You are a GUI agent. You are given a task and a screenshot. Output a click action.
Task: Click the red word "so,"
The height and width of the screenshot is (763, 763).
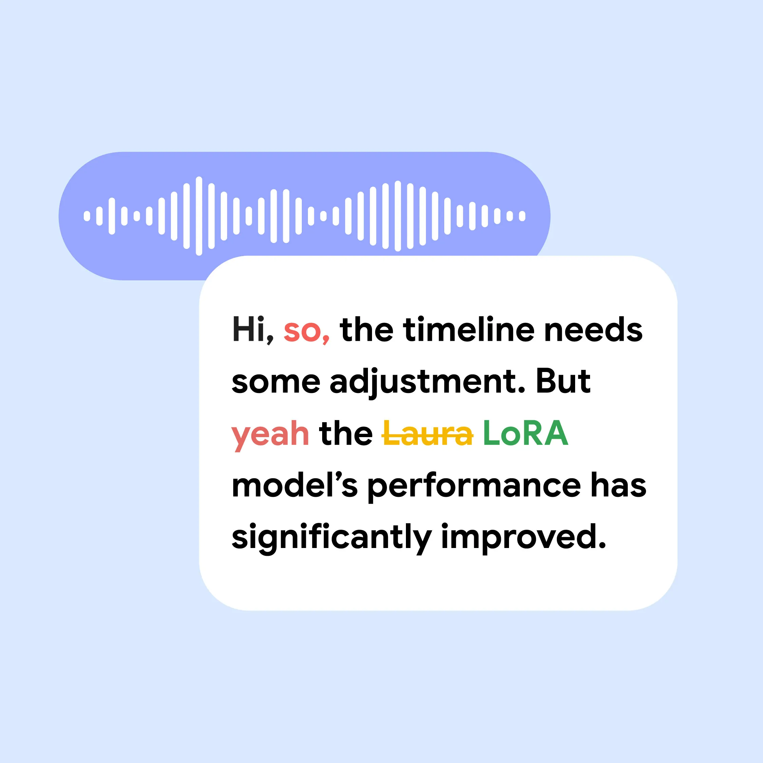pos(307,332)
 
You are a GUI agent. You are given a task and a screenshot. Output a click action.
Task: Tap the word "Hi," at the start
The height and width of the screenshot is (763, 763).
pos(252,330)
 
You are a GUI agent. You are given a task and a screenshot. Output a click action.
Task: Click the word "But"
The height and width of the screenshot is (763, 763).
pos(563,381)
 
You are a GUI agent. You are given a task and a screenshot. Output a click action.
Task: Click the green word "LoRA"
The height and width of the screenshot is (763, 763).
pos(526,433)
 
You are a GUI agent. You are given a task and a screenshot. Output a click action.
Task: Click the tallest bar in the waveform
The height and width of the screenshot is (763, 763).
pos(199,216)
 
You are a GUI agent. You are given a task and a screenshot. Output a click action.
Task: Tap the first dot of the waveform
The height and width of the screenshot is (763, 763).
pos(87,216)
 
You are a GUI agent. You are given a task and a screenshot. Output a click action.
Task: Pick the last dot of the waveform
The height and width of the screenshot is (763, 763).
pos(522,216)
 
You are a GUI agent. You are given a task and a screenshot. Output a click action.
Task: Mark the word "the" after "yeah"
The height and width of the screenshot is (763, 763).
pos(346,433)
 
